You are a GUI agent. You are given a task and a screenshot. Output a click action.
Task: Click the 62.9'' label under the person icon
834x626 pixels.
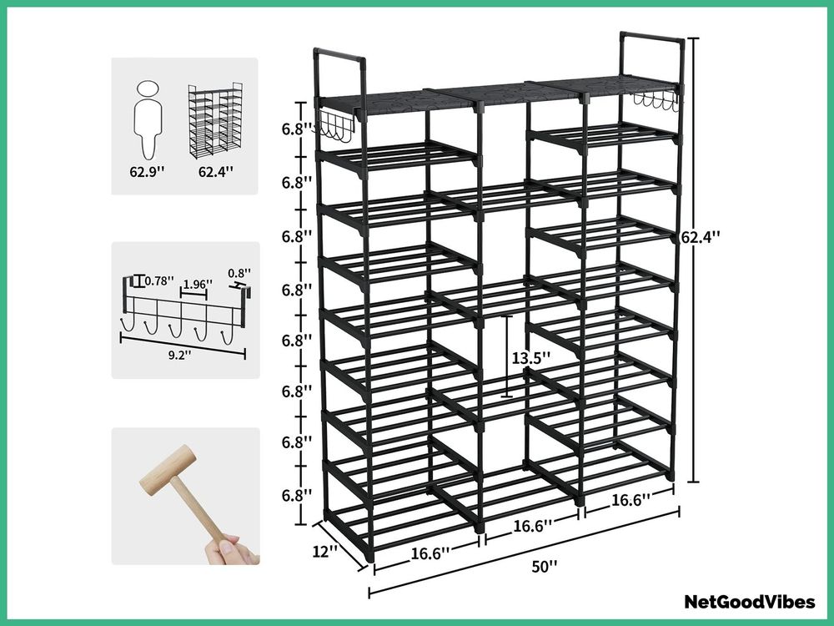pyautogui.click(x=148, y=172)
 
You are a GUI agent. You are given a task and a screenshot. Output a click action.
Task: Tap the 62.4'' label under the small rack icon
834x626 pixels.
pyautogui.click(x=216, y=172)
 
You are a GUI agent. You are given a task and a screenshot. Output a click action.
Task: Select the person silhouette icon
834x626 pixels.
pyautogui.click(x=148, y=119)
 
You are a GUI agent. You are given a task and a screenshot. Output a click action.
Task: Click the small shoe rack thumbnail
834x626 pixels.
pyautogui.click(x=215, y=120)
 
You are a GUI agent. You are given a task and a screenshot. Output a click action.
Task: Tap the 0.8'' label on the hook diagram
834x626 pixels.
pyautogui.click(x=239, y=273)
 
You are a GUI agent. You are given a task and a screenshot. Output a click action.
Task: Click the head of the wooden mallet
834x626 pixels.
pyautogui.click(x=168, y=470)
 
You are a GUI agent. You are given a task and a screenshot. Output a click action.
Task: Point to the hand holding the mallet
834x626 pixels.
pyautogui.click(x=232, y=549)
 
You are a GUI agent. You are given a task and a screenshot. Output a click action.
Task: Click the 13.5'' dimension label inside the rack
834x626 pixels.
pyautogui.click(x=530, y=358)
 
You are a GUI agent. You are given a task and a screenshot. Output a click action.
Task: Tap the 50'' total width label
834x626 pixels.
pyautogui.click(x=545, y=567)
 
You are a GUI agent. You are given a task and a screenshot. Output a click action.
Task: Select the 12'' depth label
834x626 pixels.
pyautogui.click(x=324, y=551)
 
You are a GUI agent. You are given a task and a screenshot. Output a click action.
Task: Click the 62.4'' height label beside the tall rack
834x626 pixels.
pyautogui.click(x=701, y=236)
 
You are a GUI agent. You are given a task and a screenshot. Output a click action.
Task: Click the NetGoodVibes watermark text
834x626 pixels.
pyautogui.click(x=750, y=602)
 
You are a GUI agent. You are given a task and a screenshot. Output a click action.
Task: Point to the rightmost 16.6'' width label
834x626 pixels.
pyautogui.click(x=631, y=500)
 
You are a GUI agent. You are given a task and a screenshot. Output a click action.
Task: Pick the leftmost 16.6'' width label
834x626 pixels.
pyautogui.click(x=430, y=553)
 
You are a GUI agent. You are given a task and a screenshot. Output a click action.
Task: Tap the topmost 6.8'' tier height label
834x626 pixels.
pyautogui.click(x=297, y=129)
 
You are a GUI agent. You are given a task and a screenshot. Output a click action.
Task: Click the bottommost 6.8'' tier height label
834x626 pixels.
pyautogui.click(x=297, y=495)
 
